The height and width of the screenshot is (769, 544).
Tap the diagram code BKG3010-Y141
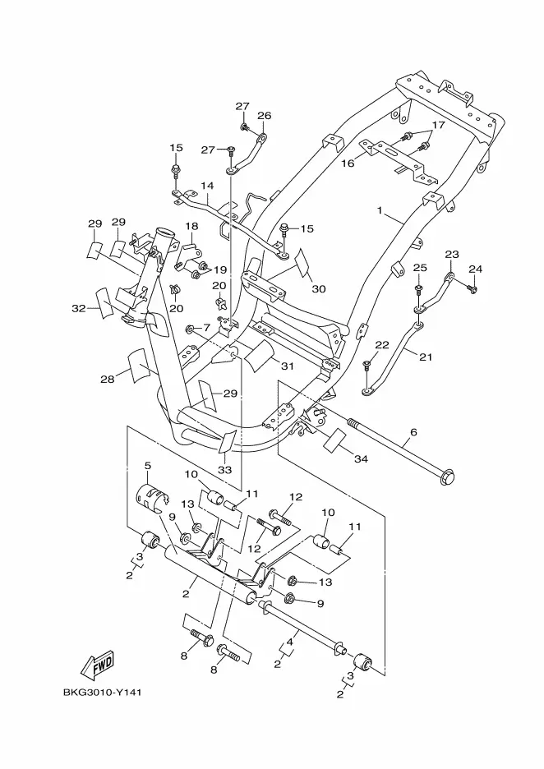click(103, 693)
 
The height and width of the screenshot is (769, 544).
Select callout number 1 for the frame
click(379, 210)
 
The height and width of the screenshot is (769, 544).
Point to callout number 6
click(413, 432)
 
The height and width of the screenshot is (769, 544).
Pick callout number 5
click(148, 464)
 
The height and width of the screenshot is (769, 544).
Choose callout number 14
click(207, 186)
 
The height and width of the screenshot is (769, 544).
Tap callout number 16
click(348, 163)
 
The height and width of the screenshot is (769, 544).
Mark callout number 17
click(438, 125)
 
